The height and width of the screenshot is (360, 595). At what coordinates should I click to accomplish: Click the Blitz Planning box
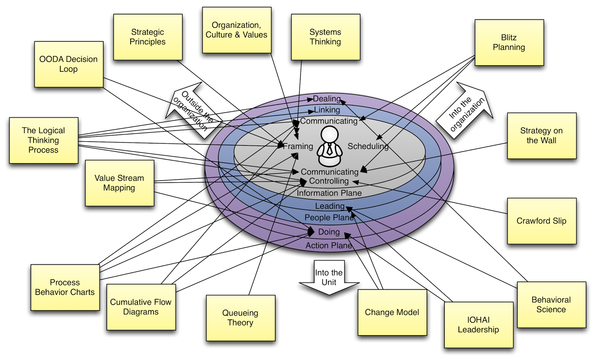[x=509, y=42]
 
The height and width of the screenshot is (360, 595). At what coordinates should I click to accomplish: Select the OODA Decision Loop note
[x=68, y=64]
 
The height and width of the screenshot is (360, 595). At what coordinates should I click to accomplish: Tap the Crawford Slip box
[x=541, y=221]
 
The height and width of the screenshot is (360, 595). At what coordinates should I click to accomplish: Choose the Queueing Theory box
[x=240, y=318]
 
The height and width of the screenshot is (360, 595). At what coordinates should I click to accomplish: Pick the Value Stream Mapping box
[x=119, y=183]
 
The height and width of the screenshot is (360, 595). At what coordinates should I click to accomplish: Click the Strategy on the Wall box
[x=541, y=136]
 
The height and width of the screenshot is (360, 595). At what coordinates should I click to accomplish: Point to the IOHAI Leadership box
[x=478, y=325]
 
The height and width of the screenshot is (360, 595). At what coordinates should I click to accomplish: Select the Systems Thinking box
[x=325, y=37]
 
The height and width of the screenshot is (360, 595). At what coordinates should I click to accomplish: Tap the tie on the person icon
[x=329, y=149]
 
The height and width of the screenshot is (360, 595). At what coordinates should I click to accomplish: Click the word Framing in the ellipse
[x=299, y=147]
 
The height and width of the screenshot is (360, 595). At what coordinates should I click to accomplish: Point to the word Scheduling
[x=368, y=147]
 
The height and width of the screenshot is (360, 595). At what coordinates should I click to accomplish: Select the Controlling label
[x=329, y=181]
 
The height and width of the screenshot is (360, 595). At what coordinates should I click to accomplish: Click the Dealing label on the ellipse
[x=327, y=99]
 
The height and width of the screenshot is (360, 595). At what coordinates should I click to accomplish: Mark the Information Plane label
[x=329, y=193]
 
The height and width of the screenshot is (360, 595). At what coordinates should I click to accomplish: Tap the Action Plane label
[x=329, y=245]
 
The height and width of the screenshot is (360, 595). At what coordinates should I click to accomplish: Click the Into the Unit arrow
[x=329, y=277]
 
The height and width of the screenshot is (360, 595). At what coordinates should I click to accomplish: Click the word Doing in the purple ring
[x=329, y=232]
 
